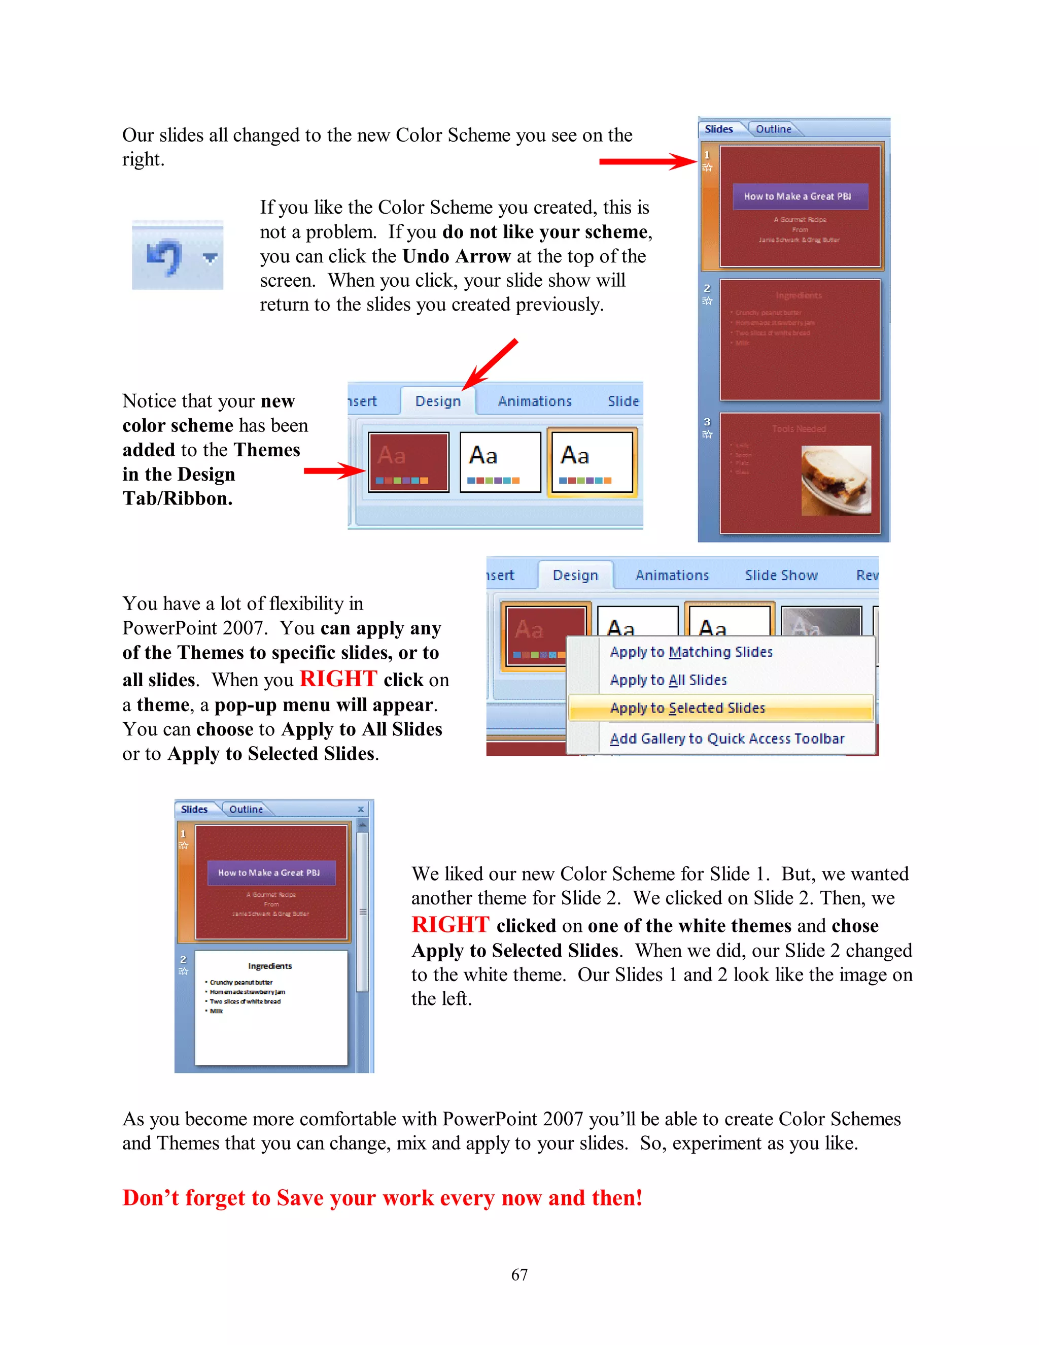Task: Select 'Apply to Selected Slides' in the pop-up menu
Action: (687, 708)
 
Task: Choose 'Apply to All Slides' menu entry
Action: (669, 680)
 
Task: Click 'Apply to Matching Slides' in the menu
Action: (690, 652)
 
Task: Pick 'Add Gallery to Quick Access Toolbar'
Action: (726, 738)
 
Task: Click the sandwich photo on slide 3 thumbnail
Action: (836, 480)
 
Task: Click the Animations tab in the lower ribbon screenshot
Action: (672, 575)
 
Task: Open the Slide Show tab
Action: (781, 575)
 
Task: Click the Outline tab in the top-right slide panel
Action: (773, 129)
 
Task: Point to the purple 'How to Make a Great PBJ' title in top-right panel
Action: (800, 196)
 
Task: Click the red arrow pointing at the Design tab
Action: (491, 364)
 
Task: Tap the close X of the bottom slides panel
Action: (361, 809)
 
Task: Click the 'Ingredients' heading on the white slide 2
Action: (270, 966)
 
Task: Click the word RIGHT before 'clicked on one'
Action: (450, 925)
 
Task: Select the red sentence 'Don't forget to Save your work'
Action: (382, 1198)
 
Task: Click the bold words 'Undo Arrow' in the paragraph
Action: (456, 256)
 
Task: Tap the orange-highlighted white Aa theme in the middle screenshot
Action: (592, 462)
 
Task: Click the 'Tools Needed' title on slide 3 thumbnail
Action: (799, 429)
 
